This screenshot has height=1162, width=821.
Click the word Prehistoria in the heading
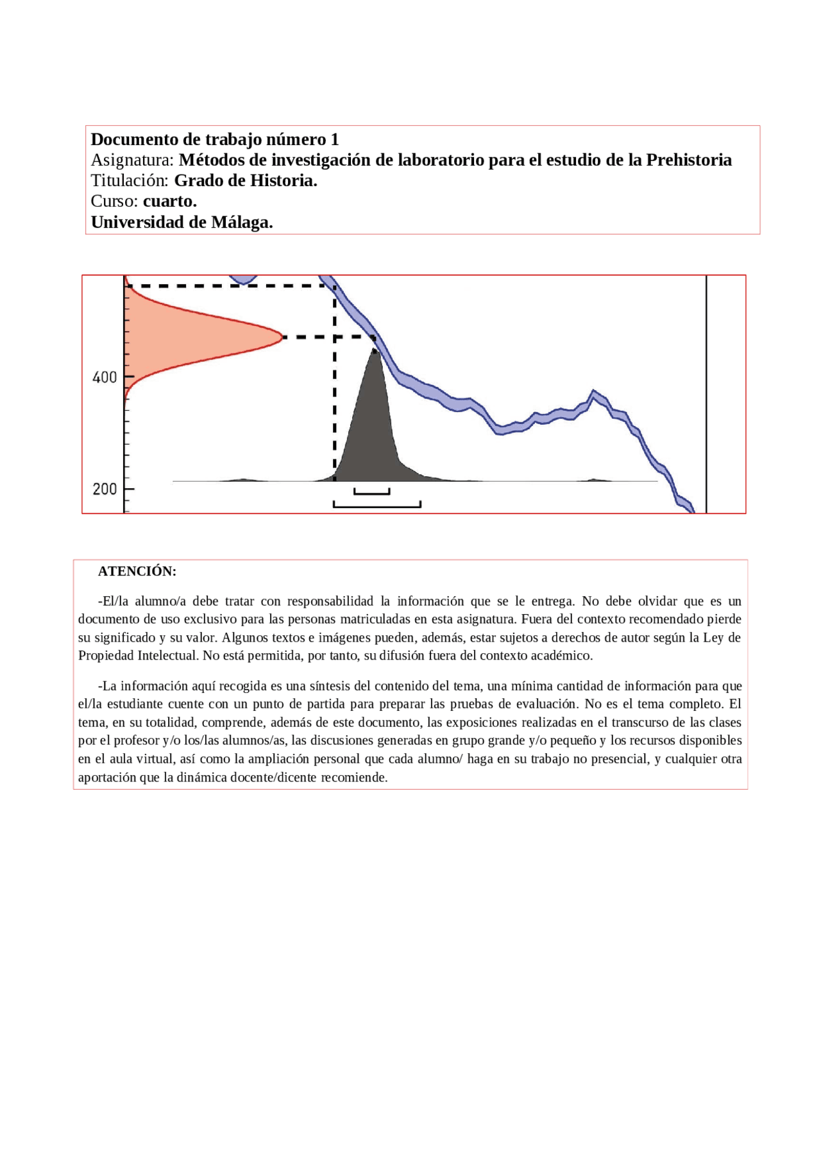click(688, 160)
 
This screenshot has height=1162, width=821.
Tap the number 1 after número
click(334, 139)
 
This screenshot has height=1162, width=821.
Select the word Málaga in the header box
click(241, 223)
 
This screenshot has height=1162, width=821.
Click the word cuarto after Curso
click(169, 201)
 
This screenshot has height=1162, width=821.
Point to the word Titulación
click(130, 181)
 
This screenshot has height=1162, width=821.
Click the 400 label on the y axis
click(105, 377)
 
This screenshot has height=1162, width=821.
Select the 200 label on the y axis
click(105, 490)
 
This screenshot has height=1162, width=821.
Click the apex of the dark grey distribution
click(375, 350)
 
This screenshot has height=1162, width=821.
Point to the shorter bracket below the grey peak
click(372, 493)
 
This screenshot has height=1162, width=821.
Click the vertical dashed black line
click(335, 398)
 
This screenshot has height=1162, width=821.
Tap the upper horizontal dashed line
click(224, 286)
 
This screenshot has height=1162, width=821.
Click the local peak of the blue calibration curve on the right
click(594, 392)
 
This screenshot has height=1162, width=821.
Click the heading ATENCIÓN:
click(137, 571)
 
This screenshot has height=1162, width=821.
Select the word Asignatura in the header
click(132, 160)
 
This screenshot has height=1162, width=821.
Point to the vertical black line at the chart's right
click(706, 394)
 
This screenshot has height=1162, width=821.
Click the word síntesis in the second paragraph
click(319, 686)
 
